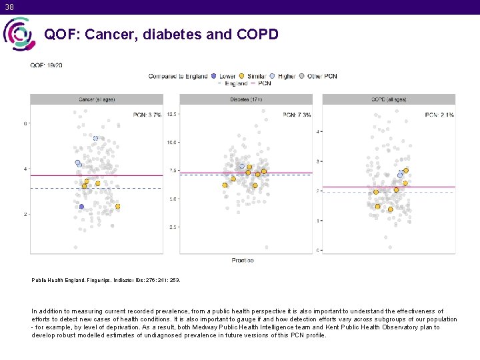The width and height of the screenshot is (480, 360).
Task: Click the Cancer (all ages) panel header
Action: click(97, 99)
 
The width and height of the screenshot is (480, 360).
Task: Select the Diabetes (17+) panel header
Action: click(246, 99)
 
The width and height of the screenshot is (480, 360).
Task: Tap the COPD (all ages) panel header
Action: click(389, 99)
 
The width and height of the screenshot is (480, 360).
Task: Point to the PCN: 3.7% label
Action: click(147, 115)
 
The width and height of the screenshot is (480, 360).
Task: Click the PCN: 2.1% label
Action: click(439, 115)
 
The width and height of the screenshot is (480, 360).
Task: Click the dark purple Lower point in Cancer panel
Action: click(81, 207)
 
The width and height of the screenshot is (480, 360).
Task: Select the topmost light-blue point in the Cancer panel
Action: click(95, 138)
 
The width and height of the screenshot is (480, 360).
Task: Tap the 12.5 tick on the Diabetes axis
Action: click(171, 114)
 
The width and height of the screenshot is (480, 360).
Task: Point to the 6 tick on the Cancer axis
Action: click(25, 123)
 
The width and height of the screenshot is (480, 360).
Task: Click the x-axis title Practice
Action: click(243, 260)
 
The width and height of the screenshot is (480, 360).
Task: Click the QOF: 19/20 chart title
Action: click(47, 65)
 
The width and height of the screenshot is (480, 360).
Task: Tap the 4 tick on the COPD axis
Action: click(318, 131)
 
